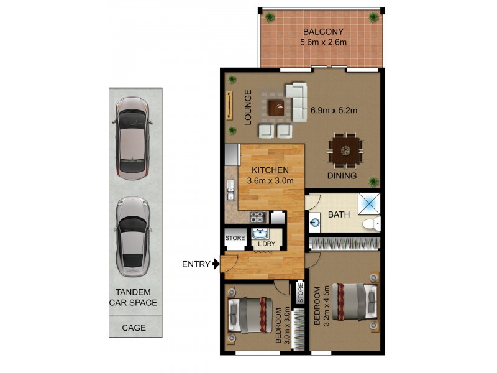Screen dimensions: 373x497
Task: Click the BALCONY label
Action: click(323, 32)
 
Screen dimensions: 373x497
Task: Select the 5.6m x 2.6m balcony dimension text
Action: click(323, 42)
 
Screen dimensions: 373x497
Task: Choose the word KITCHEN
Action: click(270, 170)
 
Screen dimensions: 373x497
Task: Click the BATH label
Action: click(339, 214)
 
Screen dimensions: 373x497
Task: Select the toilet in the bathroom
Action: click(372, 224)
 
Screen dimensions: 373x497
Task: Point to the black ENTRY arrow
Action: click(216, 264)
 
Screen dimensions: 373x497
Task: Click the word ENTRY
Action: click(196, 264)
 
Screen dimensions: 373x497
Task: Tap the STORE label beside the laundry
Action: click(235, 237)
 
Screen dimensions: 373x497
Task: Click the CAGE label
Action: click(134, 328)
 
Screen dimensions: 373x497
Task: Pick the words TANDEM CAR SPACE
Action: click(133, 298)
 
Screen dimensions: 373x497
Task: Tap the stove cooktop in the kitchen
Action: click(257, 217)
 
